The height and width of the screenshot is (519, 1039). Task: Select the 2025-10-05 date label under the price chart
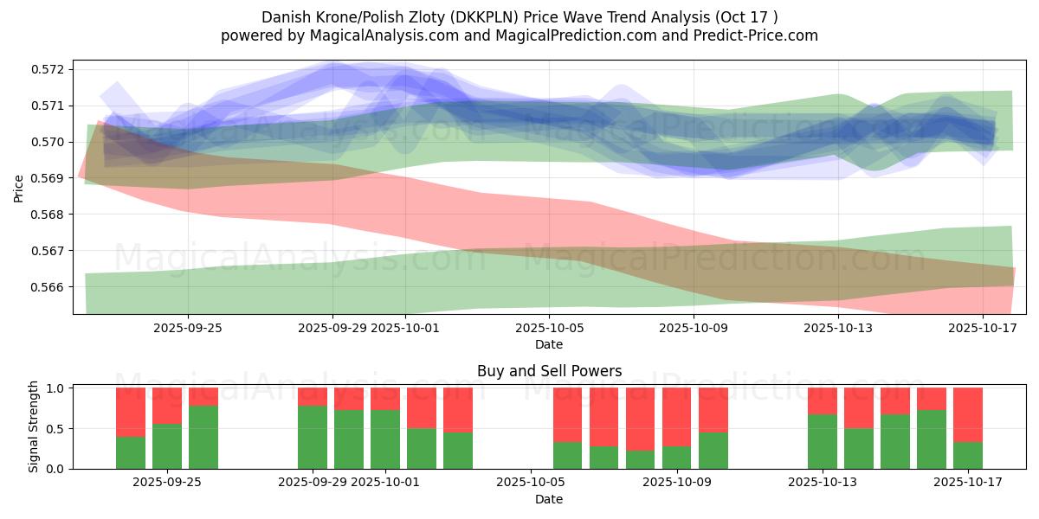pos(549,329)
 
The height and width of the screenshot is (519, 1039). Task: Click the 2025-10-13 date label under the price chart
pos(838,329)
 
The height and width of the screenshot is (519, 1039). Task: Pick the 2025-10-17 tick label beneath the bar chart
pos(967,483)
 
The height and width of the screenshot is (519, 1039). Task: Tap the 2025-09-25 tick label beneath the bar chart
pos(167,483)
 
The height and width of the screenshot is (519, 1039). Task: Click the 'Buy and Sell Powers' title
pos(549,371)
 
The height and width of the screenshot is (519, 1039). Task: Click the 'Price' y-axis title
pos(19,187)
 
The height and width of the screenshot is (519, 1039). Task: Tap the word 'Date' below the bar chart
pos(549,499)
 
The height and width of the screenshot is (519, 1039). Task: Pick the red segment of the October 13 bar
pos(823,400)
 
